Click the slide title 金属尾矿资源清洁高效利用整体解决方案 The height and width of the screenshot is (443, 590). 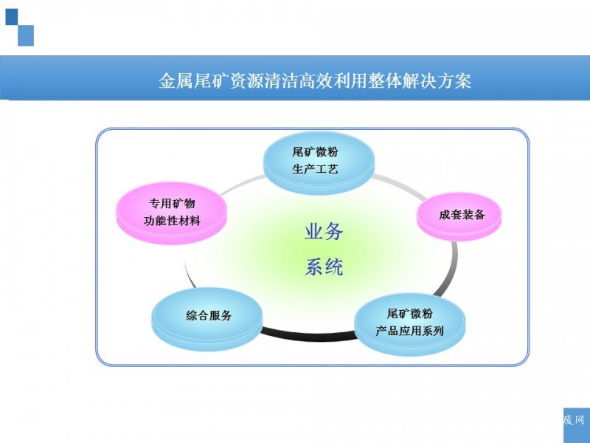coord(315,80)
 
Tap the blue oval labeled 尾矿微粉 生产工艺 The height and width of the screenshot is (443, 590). coord(319,162)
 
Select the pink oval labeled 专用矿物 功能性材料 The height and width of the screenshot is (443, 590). coord(172,213)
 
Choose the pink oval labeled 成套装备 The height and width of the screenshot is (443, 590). coord(459,216)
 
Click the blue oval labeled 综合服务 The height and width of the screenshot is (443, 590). coord(207,319)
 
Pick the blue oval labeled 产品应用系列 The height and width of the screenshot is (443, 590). coord(410,325)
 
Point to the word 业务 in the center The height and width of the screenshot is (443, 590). coord(324,231)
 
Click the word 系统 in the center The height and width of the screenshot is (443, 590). coord(324,267)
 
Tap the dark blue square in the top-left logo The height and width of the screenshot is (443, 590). coord(12,16)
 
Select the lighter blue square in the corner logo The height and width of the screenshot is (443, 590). coord(26,35)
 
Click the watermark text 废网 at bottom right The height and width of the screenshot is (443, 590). coord(574,419)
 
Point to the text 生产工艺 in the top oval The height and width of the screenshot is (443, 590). coord(315,169)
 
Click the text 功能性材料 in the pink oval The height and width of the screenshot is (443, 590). coord(172,221)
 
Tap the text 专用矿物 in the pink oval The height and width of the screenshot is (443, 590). coord(172,204)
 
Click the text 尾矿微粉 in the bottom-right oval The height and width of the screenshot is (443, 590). coord(410,313)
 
